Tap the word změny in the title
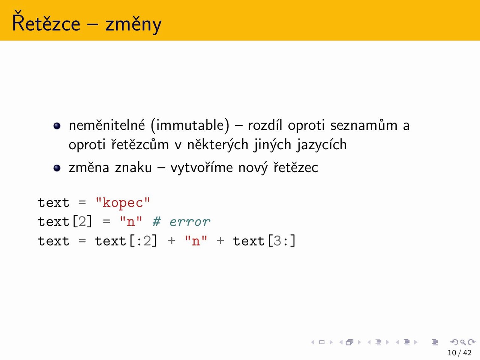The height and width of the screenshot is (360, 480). click(x=133, y=24)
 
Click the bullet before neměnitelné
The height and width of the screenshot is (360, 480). click(x=57, y=126)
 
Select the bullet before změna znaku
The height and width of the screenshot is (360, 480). click(x=57, y=168)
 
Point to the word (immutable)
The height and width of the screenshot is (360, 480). click(x=190, y=126)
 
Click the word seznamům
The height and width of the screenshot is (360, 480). click(x=364, y=126)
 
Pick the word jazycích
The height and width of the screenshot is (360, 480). click(x=322, y=145)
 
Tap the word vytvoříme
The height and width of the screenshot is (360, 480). click(x=202, y=168)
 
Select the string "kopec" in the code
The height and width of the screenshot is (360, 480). click(x=123, y=202)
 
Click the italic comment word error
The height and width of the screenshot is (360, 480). click(x=190, y=222)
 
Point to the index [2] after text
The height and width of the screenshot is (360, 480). click(x=82, y=222)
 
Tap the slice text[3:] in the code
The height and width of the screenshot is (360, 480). click(x=264, y=241)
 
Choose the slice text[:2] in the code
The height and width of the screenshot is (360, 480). click(x=126, y=241)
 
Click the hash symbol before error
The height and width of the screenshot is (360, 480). click(x=157, y=222)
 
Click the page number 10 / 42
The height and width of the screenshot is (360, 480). click(x=459, y=352)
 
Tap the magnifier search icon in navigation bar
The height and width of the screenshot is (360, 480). click(x=463, y=342)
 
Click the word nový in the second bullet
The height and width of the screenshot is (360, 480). click(x=253, y=168)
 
